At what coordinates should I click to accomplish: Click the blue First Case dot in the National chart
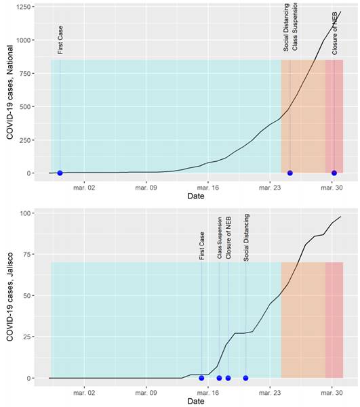click(x=60, y=173)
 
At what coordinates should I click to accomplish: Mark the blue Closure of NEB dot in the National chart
click(x=334, y=173)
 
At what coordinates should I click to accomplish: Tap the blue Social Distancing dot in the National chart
click(x=290, y=173)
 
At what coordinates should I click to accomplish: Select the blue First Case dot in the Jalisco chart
click(x=201, y=378)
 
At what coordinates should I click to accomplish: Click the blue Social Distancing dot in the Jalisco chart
click(x=245, y=378)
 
